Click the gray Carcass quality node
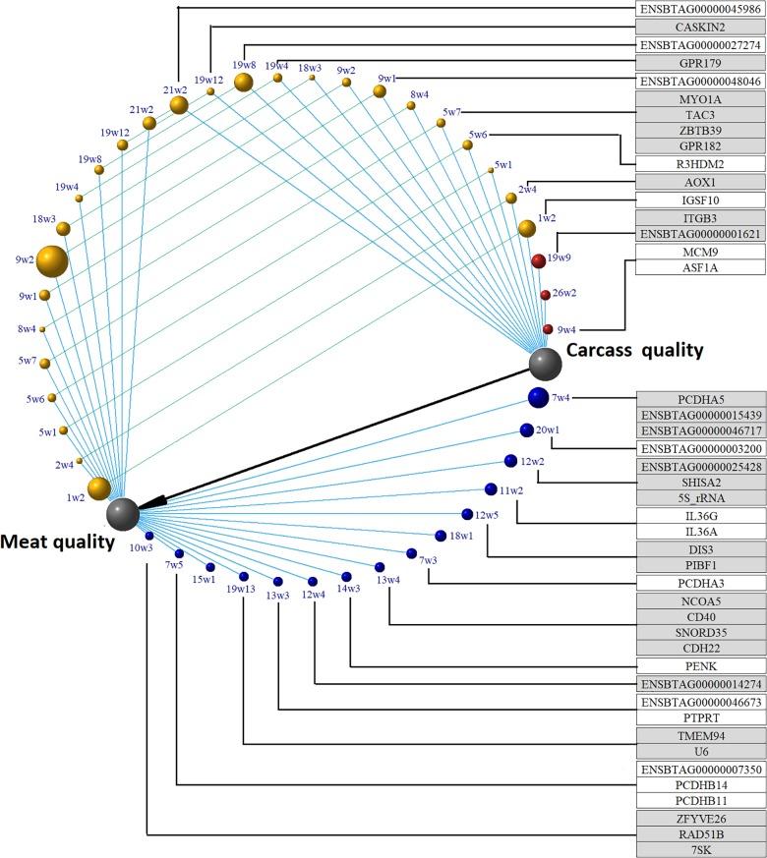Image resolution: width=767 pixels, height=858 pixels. pyautogui.click(x=545, y=364)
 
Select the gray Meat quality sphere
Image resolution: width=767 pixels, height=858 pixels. pyautogui.click(x=123, y=513)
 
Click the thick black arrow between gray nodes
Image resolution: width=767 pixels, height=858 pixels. pyautogui.click(x=334, y=438)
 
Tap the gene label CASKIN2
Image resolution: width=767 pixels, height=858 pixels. pyautogui.click(x=700, y=28)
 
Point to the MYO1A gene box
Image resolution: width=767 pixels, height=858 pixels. pyautogui.click(x=700, y=99)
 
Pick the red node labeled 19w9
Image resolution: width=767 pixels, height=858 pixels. pyautogui.click(x=539, y=261)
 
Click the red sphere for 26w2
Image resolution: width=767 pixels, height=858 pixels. pyautogui.click(x=546, y=295)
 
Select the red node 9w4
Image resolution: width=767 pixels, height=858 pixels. pyautogui.click(x=549, y=329)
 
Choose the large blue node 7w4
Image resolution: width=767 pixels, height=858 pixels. pyautogui.click(x=537, y=397)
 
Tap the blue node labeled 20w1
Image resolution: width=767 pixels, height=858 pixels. pyautogui.click(x=526, y=429)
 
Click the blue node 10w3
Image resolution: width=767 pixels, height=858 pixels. pyautogui.click(x=149, y=536)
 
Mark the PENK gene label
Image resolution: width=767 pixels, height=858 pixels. pyautogui.click(x=700, y=666)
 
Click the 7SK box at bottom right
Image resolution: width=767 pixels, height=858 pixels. pyautogui.click(x=700, y=849)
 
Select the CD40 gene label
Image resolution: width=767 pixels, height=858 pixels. pyautogui.click(x=700, y=616)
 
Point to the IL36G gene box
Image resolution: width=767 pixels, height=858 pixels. pyautogui.click(x=700, y=515)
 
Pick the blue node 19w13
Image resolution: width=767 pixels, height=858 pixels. pyautogui.click(x=244, y=576)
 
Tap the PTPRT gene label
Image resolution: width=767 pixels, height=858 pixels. pyautogui.click(x=700, y=718)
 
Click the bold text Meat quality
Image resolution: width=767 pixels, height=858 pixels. pyautogui.click(x=57, y=541)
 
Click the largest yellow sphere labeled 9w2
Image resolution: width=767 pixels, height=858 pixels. pyautogui.click(x=52, y=261)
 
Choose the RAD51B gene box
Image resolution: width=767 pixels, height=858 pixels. pyautogui.click(x=700, y=833)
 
